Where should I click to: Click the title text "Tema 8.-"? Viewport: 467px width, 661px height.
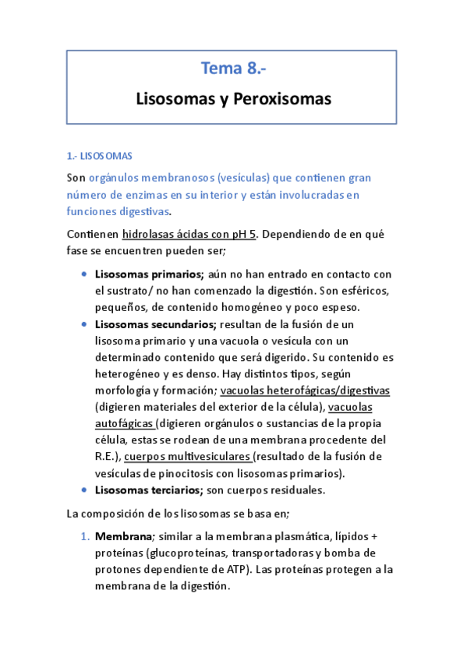pyautogui.click(x=233, y=69)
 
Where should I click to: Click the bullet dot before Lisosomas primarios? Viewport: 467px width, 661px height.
pyautogui.click(x=84, y=274)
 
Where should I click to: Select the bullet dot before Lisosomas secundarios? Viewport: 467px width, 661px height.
pyautogui.click(x=84, y=324)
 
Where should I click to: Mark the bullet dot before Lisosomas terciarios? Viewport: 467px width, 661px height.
pyautogui.click(x=84, y=490)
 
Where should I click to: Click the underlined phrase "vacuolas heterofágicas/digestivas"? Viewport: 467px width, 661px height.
pyautogui.click(x=306, y=391)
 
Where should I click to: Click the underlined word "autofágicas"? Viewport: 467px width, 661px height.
pyautogui.click(x=125, y=424)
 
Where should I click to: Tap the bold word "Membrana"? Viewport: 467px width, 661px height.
pyautogui.click(x=122, y=537)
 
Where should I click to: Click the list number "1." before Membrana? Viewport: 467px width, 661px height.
pyautogui.click(x=86, y=537)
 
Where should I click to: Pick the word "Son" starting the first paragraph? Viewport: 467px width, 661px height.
pyautogui.click(x=76, y=178)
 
